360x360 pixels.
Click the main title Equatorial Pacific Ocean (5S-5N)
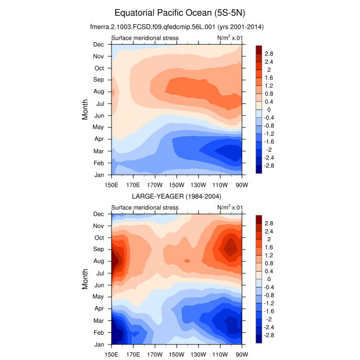point(179,12)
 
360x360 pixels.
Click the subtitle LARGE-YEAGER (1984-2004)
point(176,196)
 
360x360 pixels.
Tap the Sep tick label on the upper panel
point(98,80)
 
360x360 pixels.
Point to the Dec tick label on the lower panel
point(98,214)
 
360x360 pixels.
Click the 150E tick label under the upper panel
point(112,185)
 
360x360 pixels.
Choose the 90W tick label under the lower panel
point(242,354)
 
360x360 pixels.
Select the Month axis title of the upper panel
point(85,110)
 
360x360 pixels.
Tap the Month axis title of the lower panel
point(85,279)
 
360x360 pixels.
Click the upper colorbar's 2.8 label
point(269,53)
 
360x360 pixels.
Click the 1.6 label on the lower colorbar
point(269,247)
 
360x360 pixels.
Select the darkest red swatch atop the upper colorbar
point(259,49)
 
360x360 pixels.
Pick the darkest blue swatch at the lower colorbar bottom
point(259,339)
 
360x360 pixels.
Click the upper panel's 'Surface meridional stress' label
point(145,38)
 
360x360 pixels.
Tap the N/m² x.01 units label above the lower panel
point(230,207)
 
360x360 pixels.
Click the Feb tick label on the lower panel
point(98,333)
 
